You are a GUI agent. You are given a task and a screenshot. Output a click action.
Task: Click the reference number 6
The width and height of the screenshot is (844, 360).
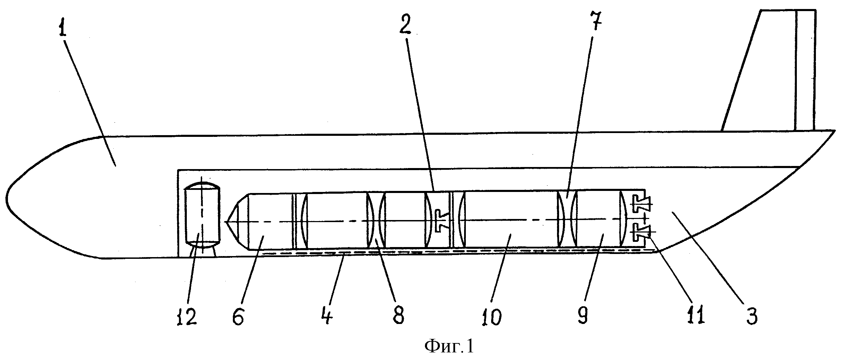[x=238, y=315]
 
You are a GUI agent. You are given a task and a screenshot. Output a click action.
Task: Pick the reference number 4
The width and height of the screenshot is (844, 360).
[x=327, y=314]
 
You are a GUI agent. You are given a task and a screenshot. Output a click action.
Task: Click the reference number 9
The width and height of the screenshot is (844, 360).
[x=583, y=314]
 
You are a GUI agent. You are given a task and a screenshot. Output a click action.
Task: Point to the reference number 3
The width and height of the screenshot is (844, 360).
[x=751, y=314]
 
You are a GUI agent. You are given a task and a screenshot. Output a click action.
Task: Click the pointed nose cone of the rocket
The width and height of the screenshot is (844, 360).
[x=237, y=221]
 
